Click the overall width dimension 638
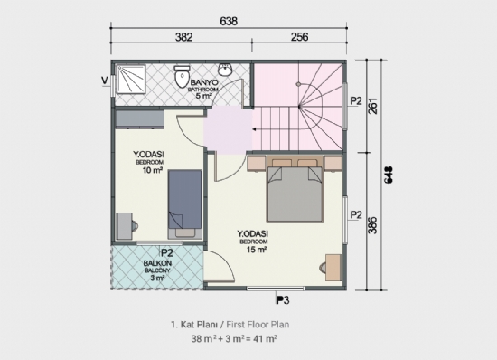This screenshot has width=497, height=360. click(230, 17)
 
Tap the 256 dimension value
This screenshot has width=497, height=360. click(298, 38)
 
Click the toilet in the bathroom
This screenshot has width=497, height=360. click(181, 77)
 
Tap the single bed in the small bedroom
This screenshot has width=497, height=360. click(183, 201)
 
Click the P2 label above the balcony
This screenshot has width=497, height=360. click(166, 254)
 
